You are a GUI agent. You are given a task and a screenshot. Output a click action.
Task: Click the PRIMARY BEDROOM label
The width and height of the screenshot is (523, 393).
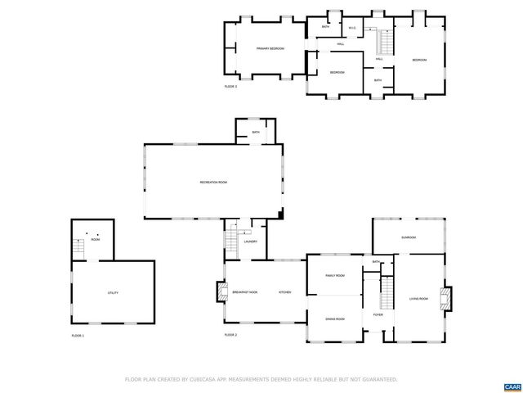[x=270, y=49]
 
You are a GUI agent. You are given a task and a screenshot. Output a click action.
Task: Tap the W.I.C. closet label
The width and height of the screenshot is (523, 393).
[x=351, y=28]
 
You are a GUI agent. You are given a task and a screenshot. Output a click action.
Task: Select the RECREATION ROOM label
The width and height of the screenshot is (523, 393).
[x=213, y=181]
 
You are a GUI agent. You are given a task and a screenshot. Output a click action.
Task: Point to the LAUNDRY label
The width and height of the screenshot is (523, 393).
[x=251, y=242]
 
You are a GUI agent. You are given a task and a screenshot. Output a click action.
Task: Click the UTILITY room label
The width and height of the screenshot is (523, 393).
[x=113, y=292]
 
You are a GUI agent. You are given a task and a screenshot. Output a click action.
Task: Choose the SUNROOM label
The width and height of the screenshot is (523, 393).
[x=408, y=237]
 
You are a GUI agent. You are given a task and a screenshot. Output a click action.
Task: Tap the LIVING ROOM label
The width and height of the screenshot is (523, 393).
[x=419, y=299]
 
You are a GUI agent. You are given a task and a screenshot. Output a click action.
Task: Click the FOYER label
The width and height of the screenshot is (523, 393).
[x=378, y=315]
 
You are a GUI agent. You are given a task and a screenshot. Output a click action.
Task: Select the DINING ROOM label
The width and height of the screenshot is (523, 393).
[x=335, y=318]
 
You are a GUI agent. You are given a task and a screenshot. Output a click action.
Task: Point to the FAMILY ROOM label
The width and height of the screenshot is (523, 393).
[x=335, y=276]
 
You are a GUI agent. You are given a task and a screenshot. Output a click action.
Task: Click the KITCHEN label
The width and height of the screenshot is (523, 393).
[x=285, y=292]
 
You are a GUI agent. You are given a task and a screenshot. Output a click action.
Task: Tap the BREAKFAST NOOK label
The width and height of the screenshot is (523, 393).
[x=245, y=292]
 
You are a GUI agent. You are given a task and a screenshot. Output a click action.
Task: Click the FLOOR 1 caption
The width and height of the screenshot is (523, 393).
[x=78, y=336]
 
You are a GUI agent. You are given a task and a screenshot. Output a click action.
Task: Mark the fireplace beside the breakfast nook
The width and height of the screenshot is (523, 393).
[x=220, y=292]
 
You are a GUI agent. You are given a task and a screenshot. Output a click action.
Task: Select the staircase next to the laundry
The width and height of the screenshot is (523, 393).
[x=231, y=238]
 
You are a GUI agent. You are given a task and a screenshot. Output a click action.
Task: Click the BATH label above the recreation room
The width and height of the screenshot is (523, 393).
[x=256, y=132]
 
